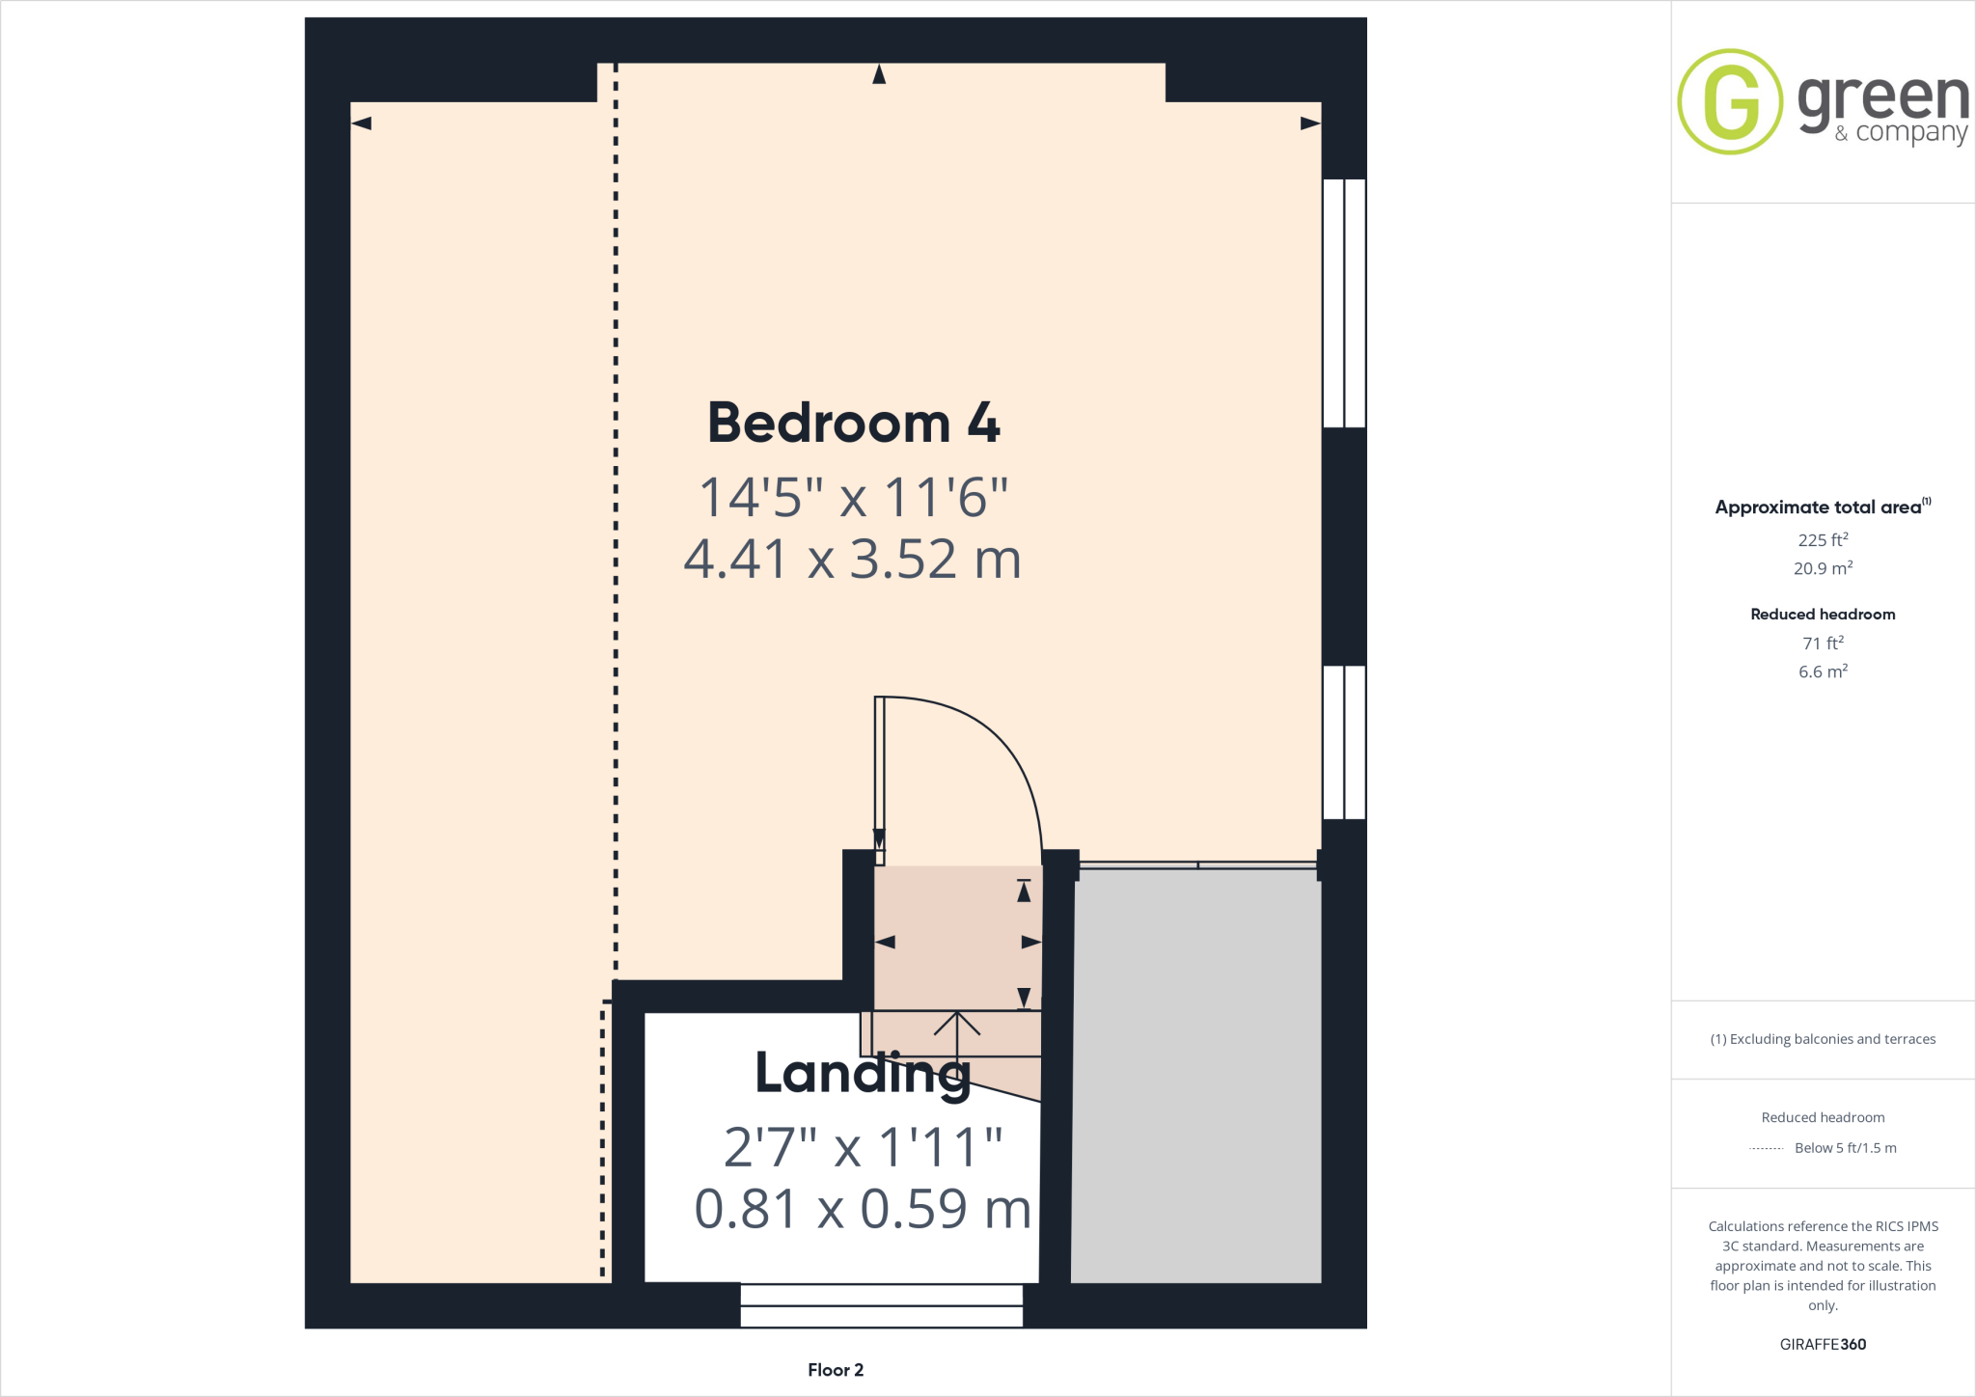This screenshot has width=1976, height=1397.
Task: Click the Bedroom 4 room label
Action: [854, 424]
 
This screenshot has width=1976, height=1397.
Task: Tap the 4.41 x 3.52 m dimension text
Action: [852, 560]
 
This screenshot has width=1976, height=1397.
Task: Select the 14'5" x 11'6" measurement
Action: [853, 498]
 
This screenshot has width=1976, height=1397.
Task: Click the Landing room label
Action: [863, 1073]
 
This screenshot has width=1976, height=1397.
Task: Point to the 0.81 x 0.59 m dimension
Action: [863, 1209]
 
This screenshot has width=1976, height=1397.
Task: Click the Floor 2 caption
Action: [836, 1370]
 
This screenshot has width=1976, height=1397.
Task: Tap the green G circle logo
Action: [1730, 101]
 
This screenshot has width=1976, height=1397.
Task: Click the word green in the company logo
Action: [1882, 98]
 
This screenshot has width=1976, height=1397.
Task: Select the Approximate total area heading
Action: [1818, 507]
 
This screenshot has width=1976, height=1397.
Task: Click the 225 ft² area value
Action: [1823, 540]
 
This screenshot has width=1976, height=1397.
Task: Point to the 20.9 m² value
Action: [1823, 568]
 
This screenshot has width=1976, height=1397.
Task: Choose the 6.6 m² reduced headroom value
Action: [1823, 671]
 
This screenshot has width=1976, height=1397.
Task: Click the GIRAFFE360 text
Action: [1823, 1344]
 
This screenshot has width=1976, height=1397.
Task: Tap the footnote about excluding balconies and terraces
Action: [1823, 1039]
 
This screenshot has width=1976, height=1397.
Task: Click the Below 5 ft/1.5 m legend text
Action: [1845, 1148]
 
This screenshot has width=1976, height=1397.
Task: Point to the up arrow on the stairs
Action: [957, 1032]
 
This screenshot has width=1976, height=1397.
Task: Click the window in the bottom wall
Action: [881, 1305]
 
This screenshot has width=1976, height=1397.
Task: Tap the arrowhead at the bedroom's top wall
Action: [879, 74]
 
